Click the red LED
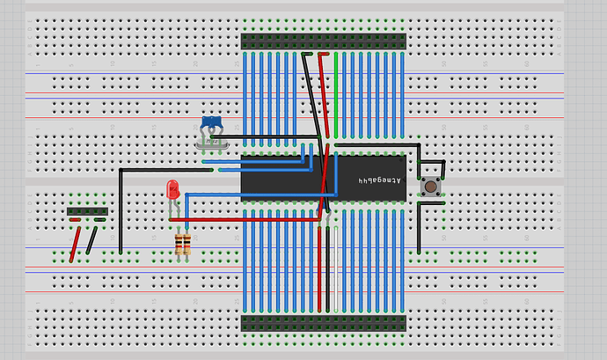tap(172, 187)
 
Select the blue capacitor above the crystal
tap(210, 121)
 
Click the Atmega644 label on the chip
tap(379, 180)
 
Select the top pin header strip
tap(324, 41)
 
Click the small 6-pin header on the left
tap(88, 211)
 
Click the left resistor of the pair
tap(180, 244)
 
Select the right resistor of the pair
tap(186, 244)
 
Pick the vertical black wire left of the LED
tap(120, 211)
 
